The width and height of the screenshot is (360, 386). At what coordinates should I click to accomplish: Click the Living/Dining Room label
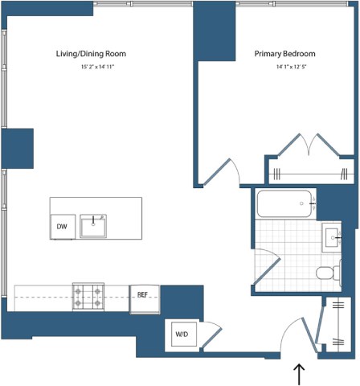click(91, 54)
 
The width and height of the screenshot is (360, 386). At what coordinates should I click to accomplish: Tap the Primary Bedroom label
click(284, 54)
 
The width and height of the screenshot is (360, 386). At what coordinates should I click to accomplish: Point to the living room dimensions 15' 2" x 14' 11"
click(91, 66)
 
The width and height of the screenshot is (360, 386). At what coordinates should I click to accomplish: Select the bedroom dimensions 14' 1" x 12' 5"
click(284, 66)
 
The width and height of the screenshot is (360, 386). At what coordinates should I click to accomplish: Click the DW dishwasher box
click(62, 228)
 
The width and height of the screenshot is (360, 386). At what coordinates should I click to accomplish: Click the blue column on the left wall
click(17, 148)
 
